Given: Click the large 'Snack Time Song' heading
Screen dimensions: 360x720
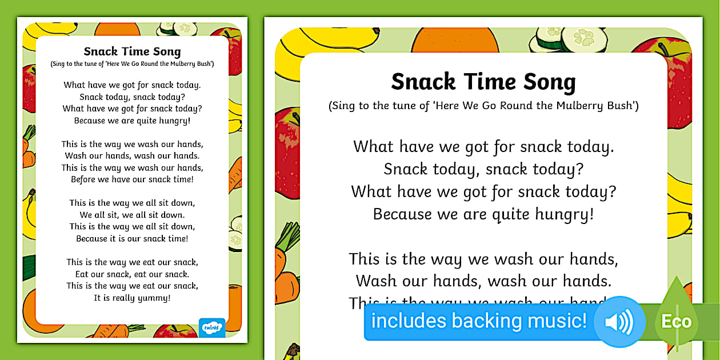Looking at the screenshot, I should point(483,82).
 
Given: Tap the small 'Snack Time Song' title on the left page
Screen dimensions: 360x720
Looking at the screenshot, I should point(132,51).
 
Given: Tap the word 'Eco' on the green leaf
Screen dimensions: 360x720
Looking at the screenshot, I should point(676,322).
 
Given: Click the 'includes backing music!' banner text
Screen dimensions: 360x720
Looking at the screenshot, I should point(479,321).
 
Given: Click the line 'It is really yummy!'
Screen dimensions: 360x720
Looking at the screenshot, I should point(132,298).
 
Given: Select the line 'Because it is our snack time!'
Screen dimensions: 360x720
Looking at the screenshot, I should point(132,238).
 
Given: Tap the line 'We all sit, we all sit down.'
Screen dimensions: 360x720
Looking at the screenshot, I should point(132,215).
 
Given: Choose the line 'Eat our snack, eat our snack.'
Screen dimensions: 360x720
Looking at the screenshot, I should point(132,274).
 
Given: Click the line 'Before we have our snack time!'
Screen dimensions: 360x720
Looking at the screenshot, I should point(132,179).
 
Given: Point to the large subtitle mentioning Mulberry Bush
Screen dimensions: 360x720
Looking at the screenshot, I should point(483,106).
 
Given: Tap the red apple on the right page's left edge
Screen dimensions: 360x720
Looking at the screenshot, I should point(287,151).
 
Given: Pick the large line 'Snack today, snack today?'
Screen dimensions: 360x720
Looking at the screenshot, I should point(483,169).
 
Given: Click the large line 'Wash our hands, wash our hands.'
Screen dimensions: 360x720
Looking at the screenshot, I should point(483,281).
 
